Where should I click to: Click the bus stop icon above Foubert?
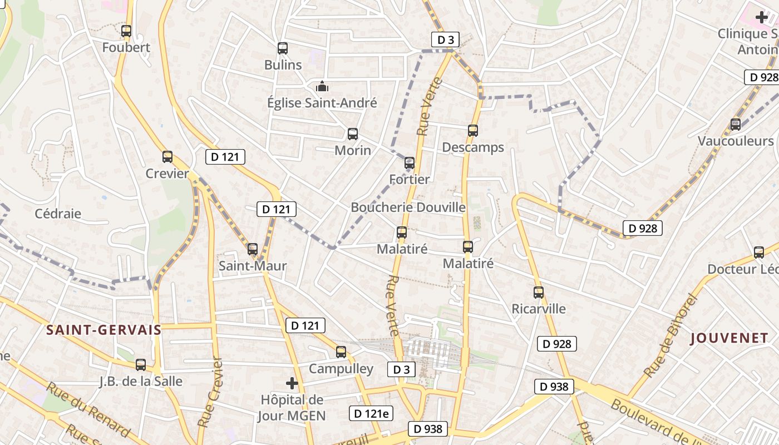click(x=126, y=31)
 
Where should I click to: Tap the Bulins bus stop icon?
click(x=283, y=48)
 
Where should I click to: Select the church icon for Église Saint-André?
click(x=322, y=86)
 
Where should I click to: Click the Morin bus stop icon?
click(x=353, y=134)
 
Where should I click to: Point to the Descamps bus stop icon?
click(x=473, y=131)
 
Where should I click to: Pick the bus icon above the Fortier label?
click(x=410, y=163)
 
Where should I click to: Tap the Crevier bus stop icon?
click(x=167, y=157)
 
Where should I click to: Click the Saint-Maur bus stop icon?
click(x=253, y=249)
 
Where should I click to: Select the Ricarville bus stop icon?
click(x=539, y=293)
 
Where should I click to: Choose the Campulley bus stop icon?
click(x=341, y=352)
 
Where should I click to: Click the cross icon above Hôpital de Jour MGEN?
click(x=292, y=383)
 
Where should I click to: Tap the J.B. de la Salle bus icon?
click(x=141, y=365)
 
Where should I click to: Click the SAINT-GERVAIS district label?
click(x=103, y=330)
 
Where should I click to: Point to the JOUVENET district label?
click(x=729, y=338)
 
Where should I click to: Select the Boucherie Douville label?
click(x=408, y=207)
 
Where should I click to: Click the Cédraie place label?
click(x=58, y=214)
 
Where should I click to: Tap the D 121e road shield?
click(x=371, y=413)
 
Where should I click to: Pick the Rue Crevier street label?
click(x=210, y=392)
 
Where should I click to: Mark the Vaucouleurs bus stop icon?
click(x=736, y=125)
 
